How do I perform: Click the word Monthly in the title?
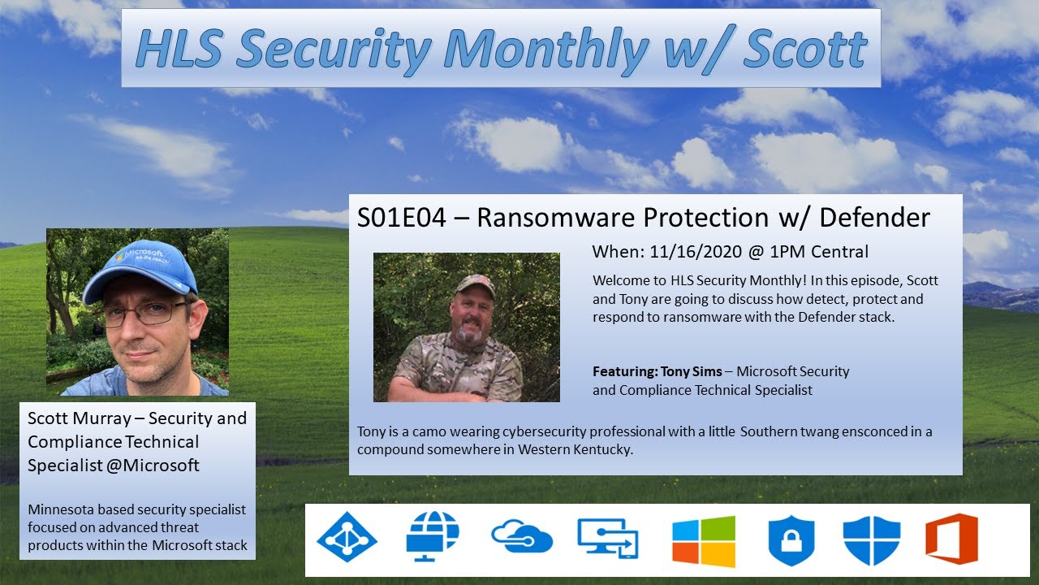545,49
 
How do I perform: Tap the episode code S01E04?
402,218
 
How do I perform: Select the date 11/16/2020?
689,252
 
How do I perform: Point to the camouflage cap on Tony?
475,284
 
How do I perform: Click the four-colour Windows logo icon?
703,540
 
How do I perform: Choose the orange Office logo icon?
951,539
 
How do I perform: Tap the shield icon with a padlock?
791,539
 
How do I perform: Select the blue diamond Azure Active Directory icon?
347,539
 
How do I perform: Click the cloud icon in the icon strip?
521,537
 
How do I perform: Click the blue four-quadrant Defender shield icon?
871,539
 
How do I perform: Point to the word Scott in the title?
804,49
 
